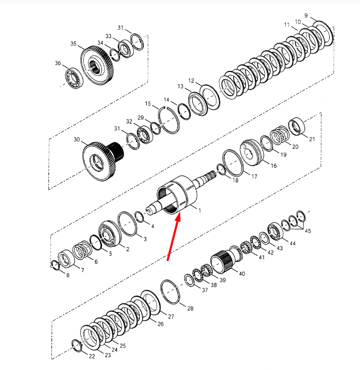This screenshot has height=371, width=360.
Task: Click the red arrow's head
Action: pos(178,217)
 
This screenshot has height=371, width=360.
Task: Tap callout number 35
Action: pos(74,44)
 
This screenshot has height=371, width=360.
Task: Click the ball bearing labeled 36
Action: pos(74,78)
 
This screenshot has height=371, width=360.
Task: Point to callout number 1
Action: pos(200,210)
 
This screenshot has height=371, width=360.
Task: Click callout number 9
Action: pos(306,15)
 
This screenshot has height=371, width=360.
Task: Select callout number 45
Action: pos(307,231)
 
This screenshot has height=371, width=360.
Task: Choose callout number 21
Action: pos(312,139)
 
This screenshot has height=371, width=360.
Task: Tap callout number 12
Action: pos(192,81)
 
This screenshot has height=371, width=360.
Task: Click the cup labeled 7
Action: pos(66,259)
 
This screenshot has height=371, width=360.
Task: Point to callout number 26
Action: pos(161,324)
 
